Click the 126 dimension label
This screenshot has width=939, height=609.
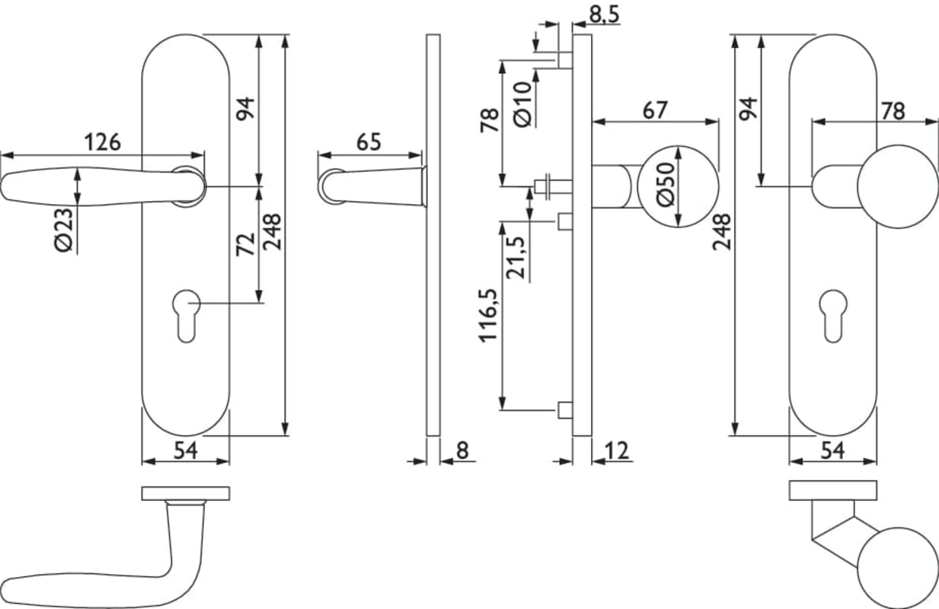click(102, 142)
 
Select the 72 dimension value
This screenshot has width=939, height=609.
click(246, 244)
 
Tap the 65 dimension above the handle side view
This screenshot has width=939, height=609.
click(369, 142)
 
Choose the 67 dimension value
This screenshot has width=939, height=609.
click(654, 110)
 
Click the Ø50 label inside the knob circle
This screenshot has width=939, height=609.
click(665, 184)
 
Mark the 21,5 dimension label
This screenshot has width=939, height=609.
click(517, 257)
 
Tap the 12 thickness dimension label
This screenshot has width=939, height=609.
click(618, 451)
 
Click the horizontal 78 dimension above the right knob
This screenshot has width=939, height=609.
click(893, 111)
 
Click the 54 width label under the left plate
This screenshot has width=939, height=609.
click(186, 451)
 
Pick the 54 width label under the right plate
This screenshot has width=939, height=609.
click(832, 451)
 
